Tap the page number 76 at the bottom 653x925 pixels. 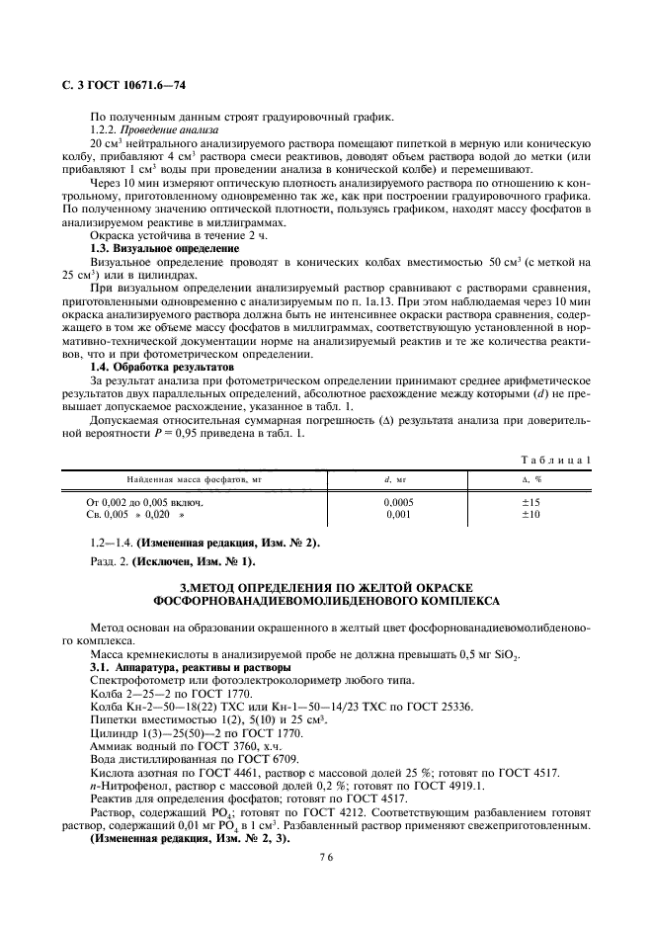326,859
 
